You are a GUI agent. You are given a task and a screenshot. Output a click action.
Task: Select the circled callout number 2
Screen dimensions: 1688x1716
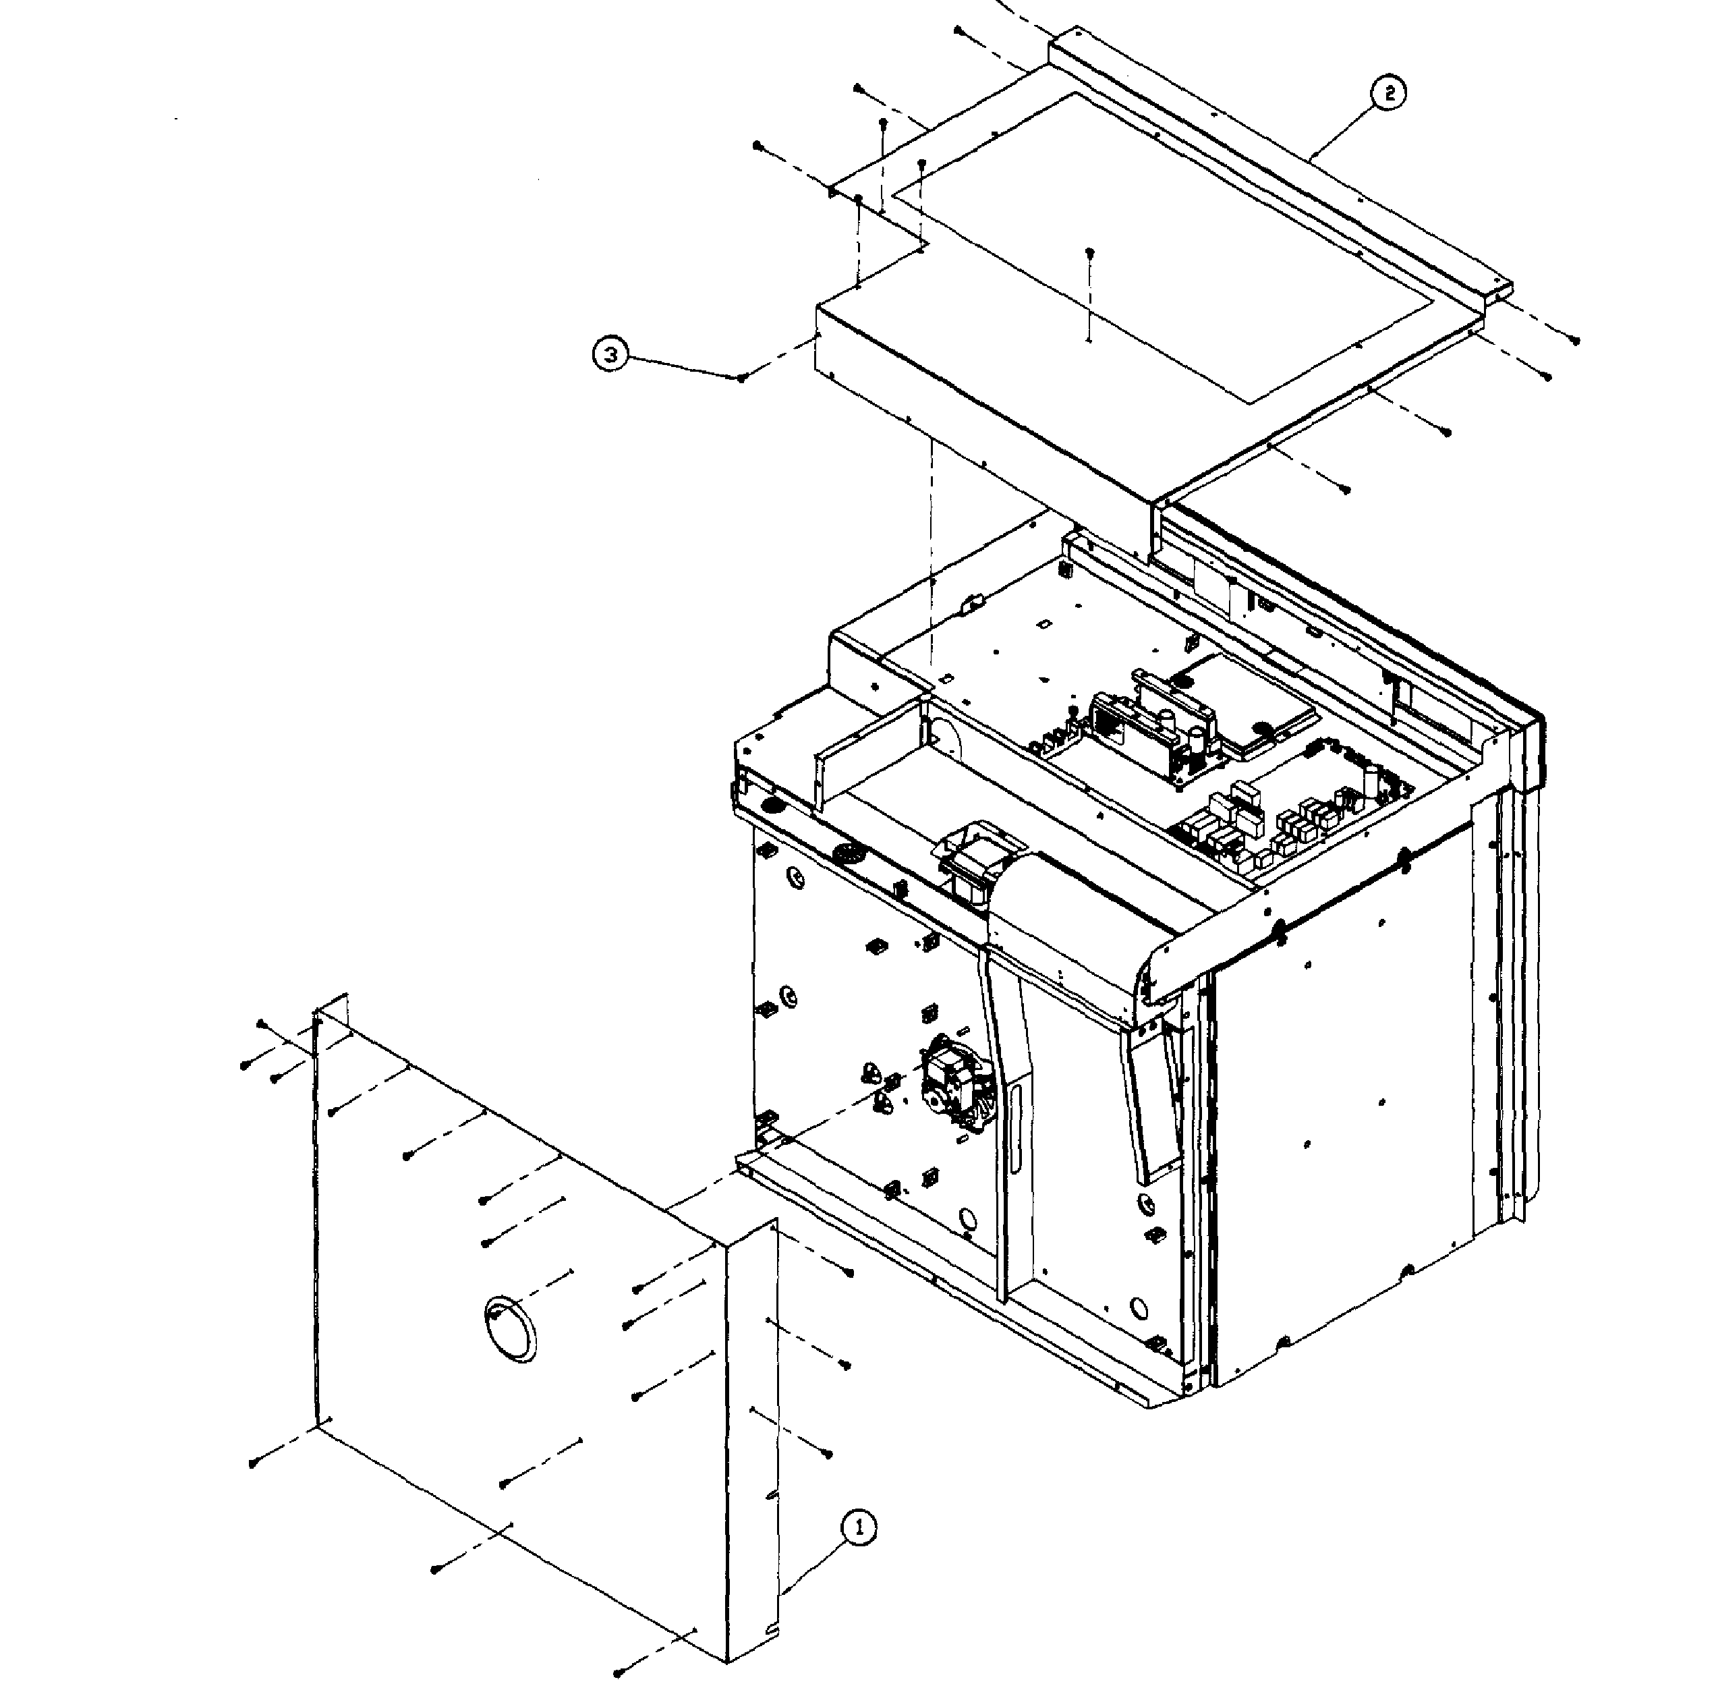(1389, 92)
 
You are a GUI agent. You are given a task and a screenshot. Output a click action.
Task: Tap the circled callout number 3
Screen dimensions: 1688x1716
(610, 355)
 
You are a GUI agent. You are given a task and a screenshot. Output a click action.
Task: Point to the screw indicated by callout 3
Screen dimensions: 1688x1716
(741, 378)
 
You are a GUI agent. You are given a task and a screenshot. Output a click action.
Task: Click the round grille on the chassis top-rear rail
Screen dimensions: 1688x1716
(847, 855)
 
